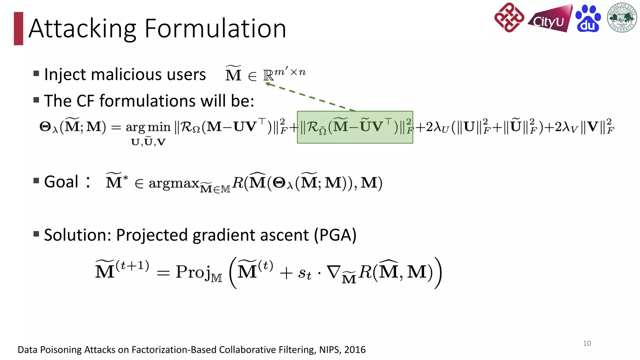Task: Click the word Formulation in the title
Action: [x=215, y=29]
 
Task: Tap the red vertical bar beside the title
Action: [x=18, y=28]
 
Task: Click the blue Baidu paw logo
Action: [x=588, y=19]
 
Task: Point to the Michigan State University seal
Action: [x=622, y=18]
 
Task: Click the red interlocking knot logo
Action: [x=509, y=17]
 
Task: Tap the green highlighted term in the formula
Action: [x=355, y=127]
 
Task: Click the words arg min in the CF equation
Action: [x=148, y=127]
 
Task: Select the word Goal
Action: [x=61, y=182]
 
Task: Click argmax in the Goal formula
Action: [x=174, y=183]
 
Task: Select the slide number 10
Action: [x=587, y=343]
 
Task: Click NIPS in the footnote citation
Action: [x=329, y=350]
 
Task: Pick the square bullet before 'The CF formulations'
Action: [x=36, y=100]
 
